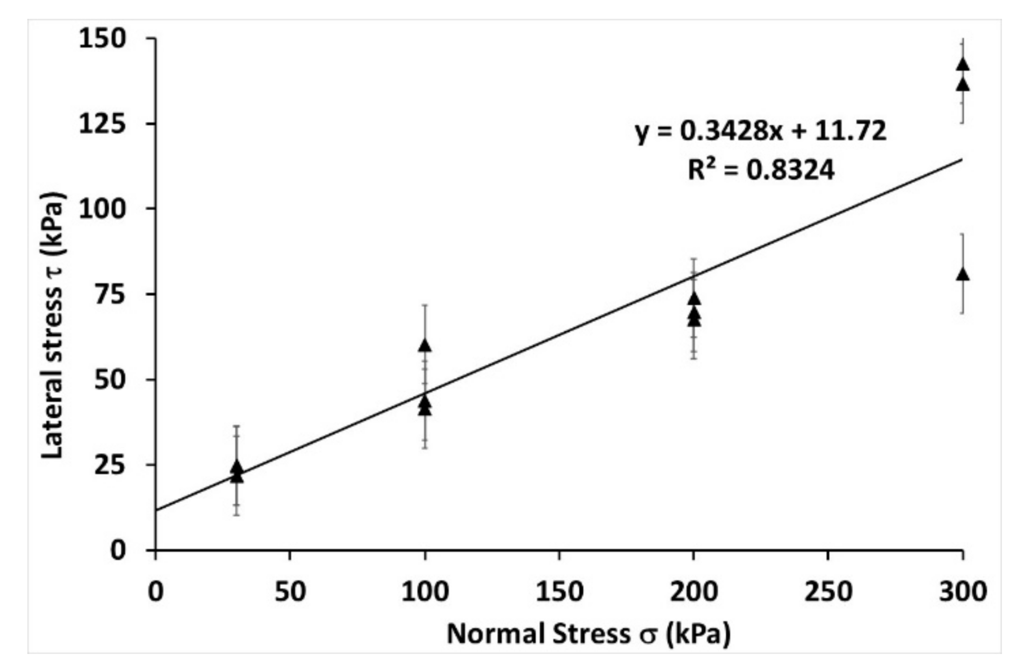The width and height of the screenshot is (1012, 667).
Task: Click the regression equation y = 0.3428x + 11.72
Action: (761, 131)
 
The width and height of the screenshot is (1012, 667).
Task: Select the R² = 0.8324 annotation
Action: (761, 170)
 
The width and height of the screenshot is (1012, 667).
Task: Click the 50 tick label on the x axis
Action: (290, 592)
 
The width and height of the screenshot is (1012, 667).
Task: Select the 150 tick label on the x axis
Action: (559, 592)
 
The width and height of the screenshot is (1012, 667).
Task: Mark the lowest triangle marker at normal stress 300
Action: (963, 275)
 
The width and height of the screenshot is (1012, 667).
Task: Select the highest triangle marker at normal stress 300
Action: (963, 65)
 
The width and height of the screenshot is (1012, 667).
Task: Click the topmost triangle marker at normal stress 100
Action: (425, 346)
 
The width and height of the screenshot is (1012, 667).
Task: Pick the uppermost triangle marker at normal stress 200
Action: (694, 299)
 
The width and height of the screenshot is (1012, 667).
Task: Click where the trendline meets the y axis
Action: (156, 510)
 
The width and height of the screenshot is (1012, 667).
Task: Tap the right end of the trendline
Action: (962, 159)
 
